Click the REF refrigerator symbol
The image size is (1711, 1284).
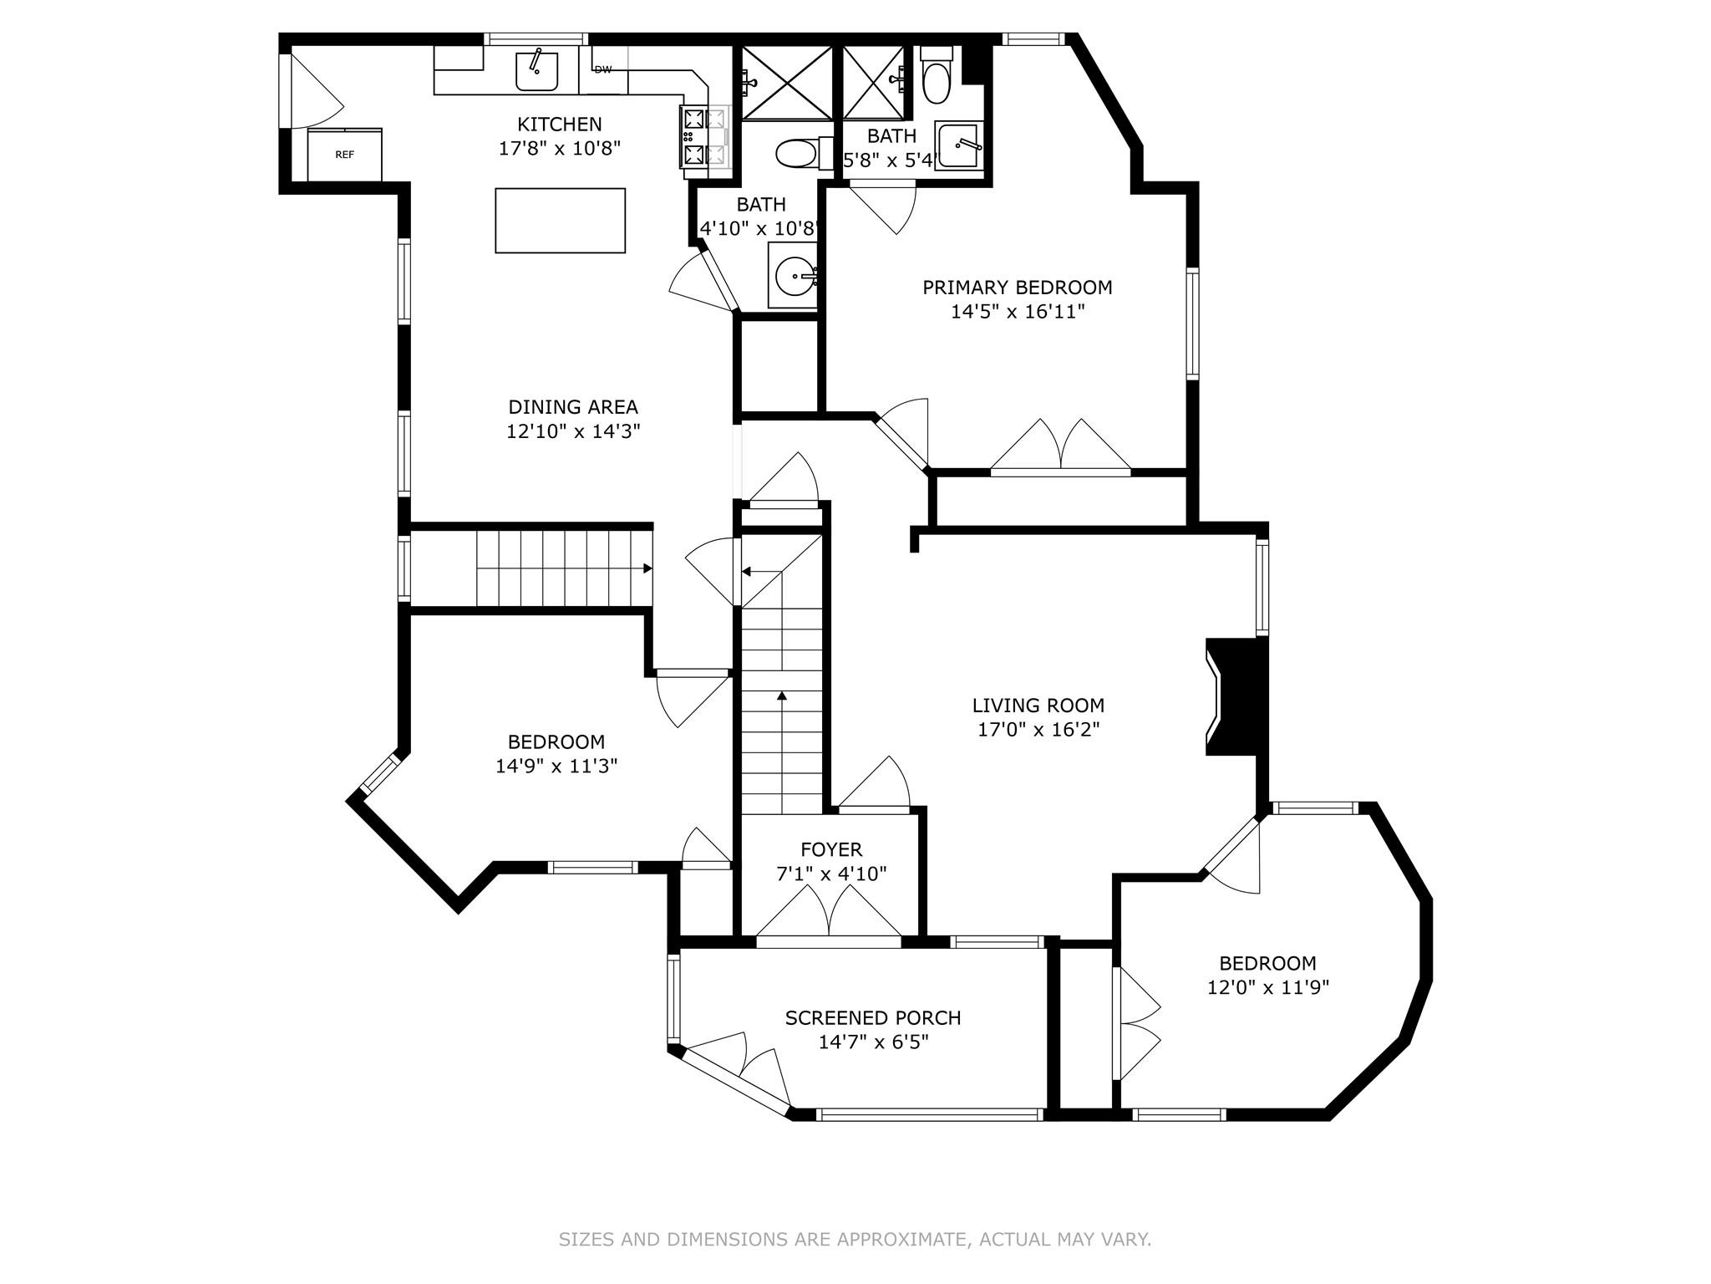(345, 155)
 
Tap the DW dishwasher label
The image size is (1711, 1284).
(603, 69)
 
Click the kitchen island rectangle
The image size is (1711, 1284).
(561, 221)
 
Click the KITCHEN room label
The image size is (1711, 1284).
(560, 125)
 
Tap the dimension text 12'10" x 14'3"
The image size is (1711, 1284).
(573, 432)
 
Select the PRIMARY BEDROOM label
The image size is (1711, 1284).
(1018, 288)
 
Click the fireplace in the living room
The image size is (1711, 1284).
(1236, 697)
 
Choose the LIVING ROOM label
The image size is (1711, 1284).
(1038, 706)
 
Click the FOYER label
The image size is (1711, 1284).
(831, 850)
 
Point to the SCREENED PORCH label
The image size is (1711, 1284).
(873, 1018)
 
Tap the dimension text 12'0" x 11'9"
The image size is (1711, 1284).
(1268, 987)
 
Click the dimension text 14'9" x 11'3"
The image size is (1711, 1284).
(556, 766)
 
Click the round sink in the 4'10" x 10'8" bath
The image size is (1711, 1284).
(795, 274)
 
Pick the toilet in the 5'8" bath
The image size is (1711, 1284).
(937, 74)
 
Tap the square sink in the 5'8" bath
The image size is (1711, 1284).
(959, 145)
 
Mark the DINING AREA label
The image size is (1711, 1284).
(573, 408)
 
